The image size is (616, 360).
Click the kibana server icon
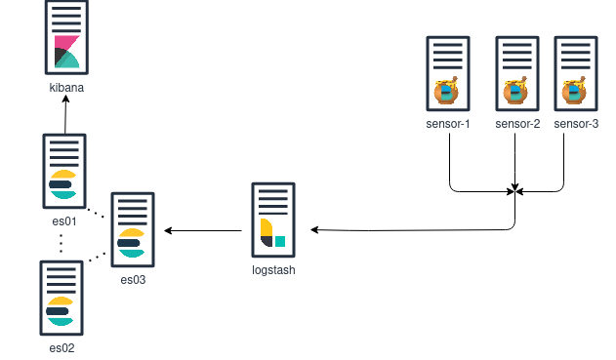click(x=66, y=39)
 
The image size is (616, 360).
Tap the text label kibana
click(x=66, y=87)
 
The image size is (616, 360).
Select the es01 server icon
click(x=64, y=171)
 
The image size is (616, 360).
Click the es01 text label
click(x=64, y=221)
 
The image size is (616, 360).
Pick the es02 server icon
click(x=62, y=297)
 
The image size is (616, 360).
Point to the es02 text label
click(x=62, y=347)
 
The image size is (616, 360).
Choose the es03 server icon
click(x=133, y=229)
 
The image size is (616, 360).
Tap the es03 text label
click(x=133, y=280)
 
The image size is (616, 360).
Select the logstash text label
click(x=273, y=270)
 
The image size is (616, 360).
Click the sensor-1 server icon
click(x=448, y=73)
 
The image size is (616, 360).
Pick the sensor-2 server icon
click(x=517, y=73)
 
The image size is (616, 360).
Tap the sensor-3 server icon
click(x=576, y=73)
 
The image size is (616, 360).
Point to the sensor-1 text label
click(x=448, y=124)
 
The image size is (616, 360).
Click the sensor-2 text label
click(x=517, y=124)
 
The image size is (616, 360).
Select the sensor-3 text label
click(x=576, y=124)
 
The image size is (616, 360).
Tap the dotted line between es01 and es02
click(x=61, y=242)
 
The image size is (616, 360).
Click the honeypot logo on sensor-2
click(x=515, y=93)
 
